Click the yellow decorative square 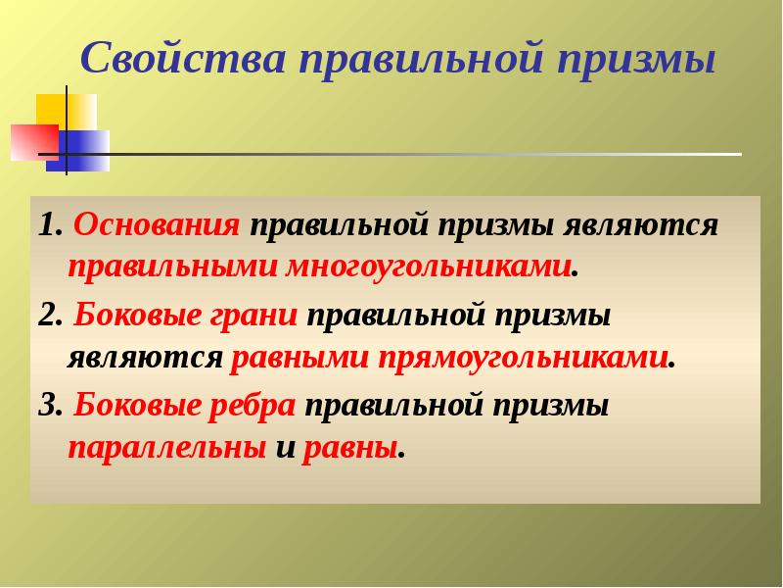click(x=65, y=113)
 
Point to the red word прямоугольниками click(x=523, y=357)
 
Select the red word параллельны click(x=166, y=448)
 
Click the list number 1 click(x=46, y=225)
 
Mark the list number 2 click(x=46, y=316)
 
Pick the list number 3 click(x=46, y=405)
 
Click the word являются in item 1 click(x=641, y=224)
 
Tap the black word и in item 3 click(x=285, y=448)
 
